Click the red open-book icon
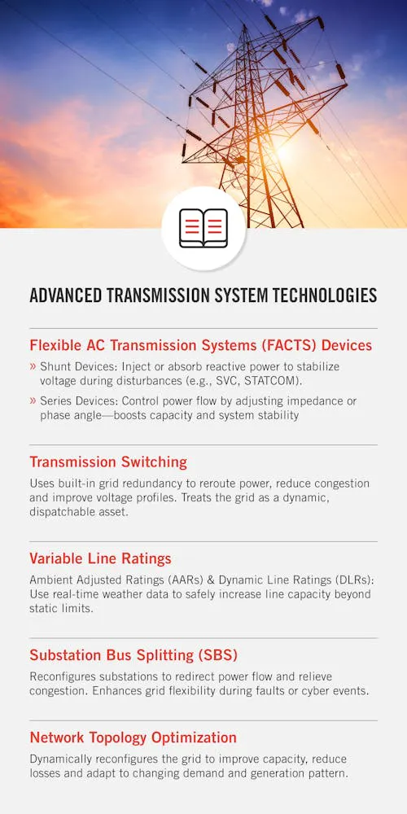(203, 228)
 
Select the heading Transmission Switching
(108, 462)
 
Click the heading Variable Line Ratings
(100, 558)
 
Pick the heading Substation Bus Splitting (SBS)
(133, 655)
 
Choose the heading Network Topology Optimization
(133, 737)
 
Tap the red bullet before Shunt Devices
(33, 367)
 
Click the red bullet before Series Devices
(33, 401)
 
